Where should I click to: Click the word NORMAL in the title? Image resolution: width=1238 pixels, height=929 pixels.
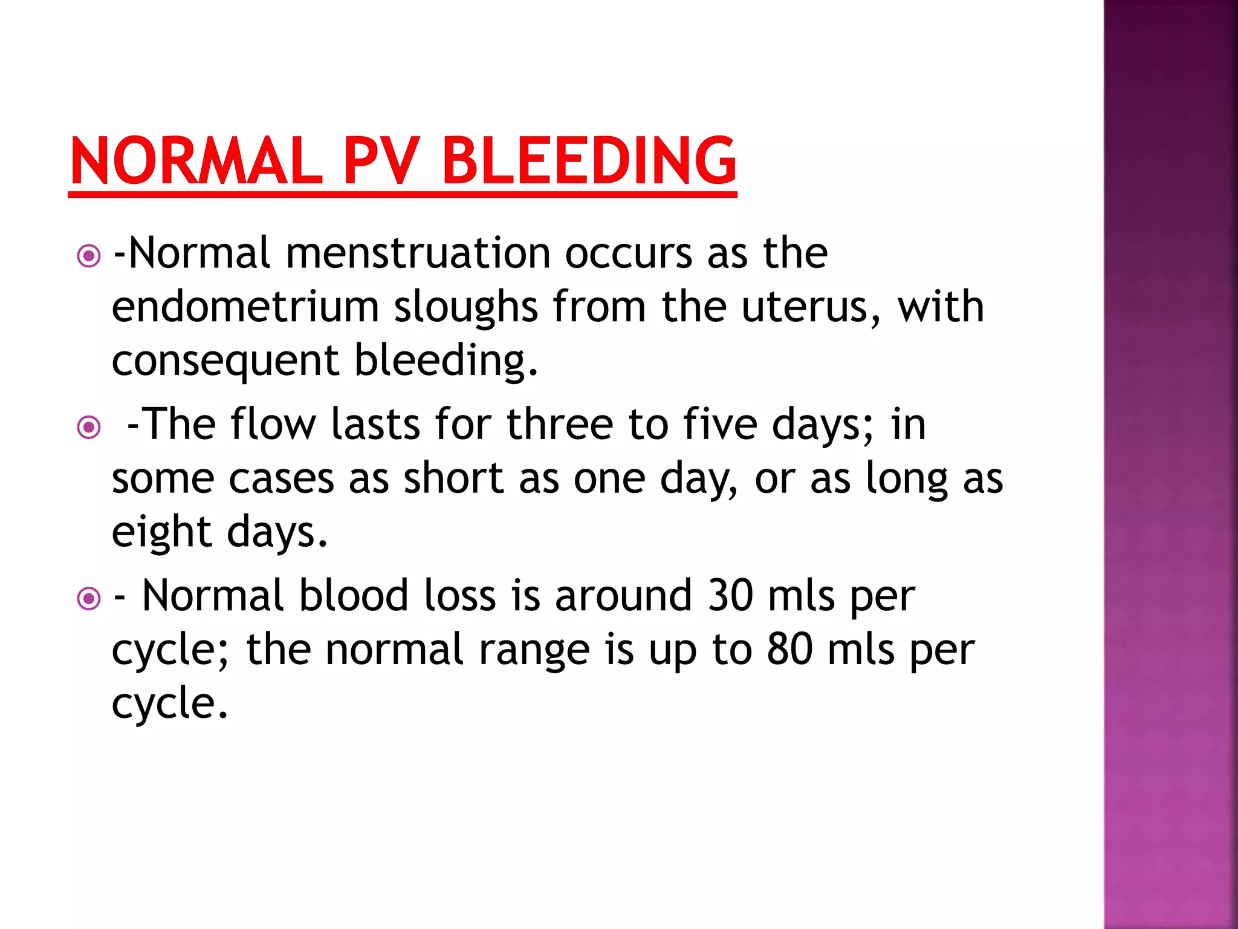[196, 161]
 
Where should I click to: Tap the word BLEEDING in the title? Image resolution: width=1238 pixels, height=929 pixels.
[589, 161]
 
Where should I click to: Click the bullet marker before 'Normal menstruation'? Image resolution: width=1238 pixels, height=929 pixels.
[89, 256]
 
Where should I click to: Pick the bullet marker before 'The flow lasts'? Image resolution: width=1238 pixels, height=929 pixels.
[89, 428]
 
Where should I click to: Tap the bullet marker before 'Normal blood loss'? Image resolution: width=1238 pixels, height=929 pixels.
[89, 599]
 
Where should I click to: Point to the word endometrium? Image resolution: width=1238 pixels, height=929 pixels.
[245, 307]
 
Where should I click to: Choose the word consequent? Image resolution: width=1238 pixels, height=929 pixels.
[225, 362]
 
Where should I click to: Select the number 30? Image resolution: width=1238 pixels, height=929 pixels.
[730, 596]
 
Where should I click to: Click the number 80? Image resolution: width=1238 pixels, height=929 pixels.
[789, 650]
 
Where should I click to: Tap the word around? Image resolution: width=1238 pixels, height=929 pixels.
[623, 596]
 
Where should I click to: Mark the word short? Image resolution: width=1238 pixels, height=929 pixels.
[453, 478]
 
